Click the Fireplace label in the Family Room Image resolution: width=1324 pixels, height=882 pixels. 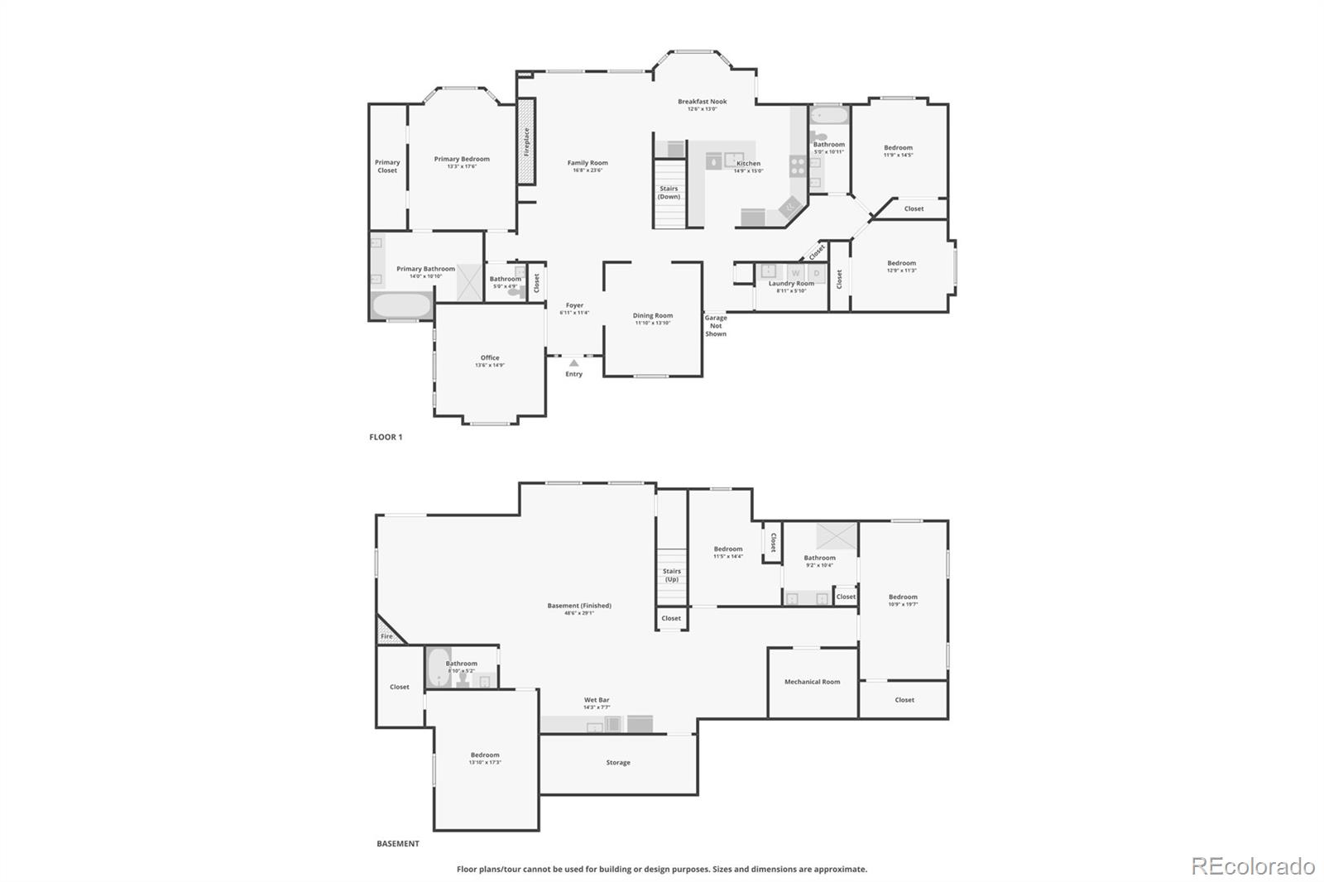526,141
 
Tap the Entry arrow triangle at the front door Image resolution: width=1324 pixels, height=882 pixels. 573,362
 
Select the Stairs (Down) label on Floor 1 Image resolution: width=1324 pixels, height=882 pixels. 669,193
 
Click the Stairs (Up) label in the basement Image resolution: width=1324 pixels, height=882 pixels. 671,575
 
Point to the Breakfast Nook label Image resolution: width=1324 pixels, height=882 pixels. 702,102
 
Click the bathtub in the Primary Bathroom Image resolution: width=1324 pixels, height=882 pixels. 401,305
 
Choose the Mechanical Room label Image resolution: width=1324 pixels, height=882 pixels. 812,682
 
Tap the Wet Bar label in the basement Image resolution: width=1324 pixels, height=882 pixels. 597,700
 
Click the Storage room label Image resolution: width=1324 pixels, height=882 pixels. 617,763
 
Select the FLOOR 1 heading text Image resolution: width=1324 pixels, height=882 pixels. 386,437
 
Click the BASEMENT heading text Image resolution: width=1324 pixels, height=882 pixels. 398,844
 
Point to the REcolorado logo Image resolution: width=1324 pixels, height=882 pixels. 1253,866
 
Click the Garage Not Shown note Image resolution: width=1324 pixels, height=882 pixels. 716,325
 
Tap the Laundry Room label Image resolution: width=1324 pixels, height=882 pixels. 791,284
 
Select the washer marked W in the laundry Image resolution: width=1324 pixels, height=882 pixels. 795,273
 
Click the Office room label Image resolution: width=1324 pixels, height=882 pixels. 490,357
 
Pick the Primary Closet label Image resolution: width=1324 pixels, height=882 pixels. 387,166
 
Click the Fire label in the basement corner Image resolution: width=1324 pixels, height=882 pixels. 386,636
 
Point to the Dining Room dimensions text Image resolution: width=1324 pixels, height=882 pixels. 653,323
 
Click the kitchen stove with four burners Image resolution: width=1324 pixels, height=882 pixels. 798,165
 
